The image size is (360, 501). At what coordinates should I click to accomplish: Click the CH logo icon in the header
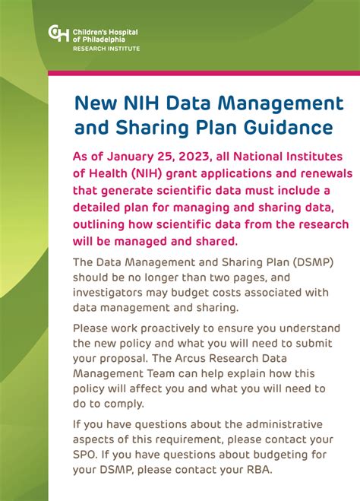tap(58, 33)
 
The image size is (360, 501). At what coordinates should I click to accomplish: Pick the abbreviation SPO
tap(87, 455)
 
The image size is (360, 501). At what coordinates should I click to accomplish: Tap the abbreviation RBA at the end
tap(255, 470)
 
